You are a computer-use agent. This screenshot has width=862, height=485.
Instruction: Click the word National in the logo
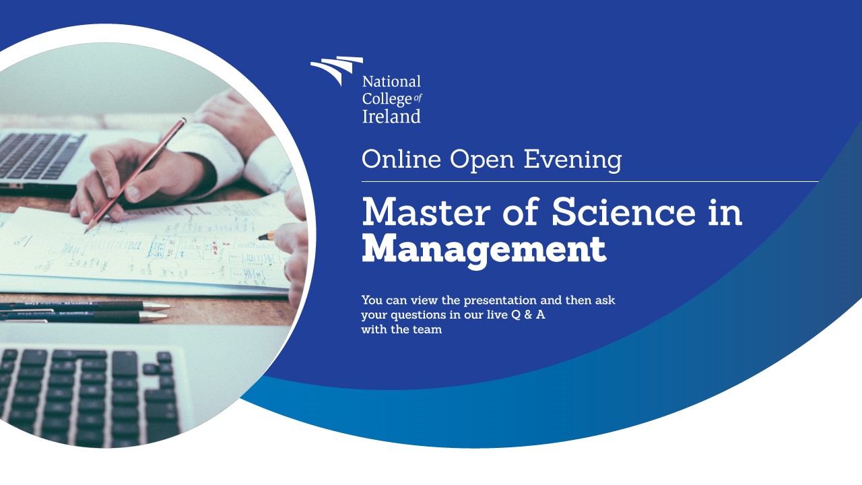click(x=391, y=82)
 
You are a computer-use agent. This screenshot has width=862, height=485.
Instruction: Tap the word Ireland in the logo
click(x=391, y=117)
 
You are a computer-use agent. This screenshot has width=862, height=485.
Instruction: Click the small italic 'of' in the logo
click(x=418, y=98)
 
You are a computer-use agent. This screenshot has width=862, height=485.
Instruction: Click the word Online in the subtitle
click(x=401, y=160)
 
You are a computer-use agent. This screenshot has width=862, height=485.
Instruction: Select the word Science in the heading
click(x=624, y=212)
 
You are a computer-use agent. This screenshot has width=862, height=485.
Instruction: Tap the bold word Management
click(x=484, y=250)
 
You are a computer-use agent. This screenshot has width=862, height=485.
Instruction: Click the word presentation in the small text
click(x=499, y=300)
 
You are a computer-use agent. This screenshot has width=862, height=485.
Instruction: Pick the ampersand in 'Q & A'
click(x=528, y=315)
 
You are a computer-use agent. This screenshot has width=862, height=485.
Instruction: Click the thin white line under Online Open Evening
click(x=590, y=181)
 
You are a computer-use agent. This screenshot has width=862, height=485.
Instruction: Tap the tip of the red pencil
click(x=86, y=232)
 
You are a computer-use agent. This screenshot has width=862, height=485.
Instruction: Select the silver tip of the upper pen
click(x=157, y=306)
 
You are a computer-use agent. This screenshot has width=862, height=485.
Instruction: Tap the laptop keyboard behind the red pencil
click(x=40, y=155)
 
